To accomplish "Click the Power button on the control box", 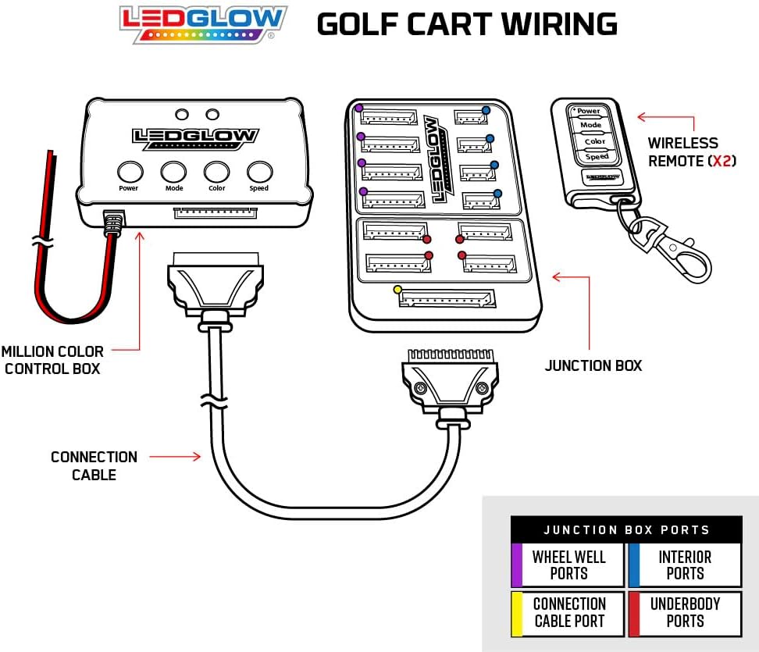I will (130, 172).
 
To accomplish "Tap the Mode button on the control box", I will (173, 172).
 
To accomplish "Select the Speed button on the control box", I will (259, 172).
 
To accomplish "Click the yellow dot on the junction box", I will (397, 290).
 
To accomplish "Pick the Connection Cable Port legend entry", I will (568, 613).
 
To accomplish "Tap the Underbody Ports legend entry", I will (685, 613).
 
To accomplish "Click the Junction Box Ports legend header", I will (626, 529).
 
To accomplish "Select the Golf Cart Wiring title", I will (467, 24).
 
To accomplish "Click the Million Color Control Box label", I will (52, 361).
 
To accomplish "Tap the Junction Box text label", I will (593, 365).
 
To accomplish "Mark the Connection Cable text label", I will (94, 465).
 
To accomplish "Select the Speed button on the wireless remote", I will (597, 157).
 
